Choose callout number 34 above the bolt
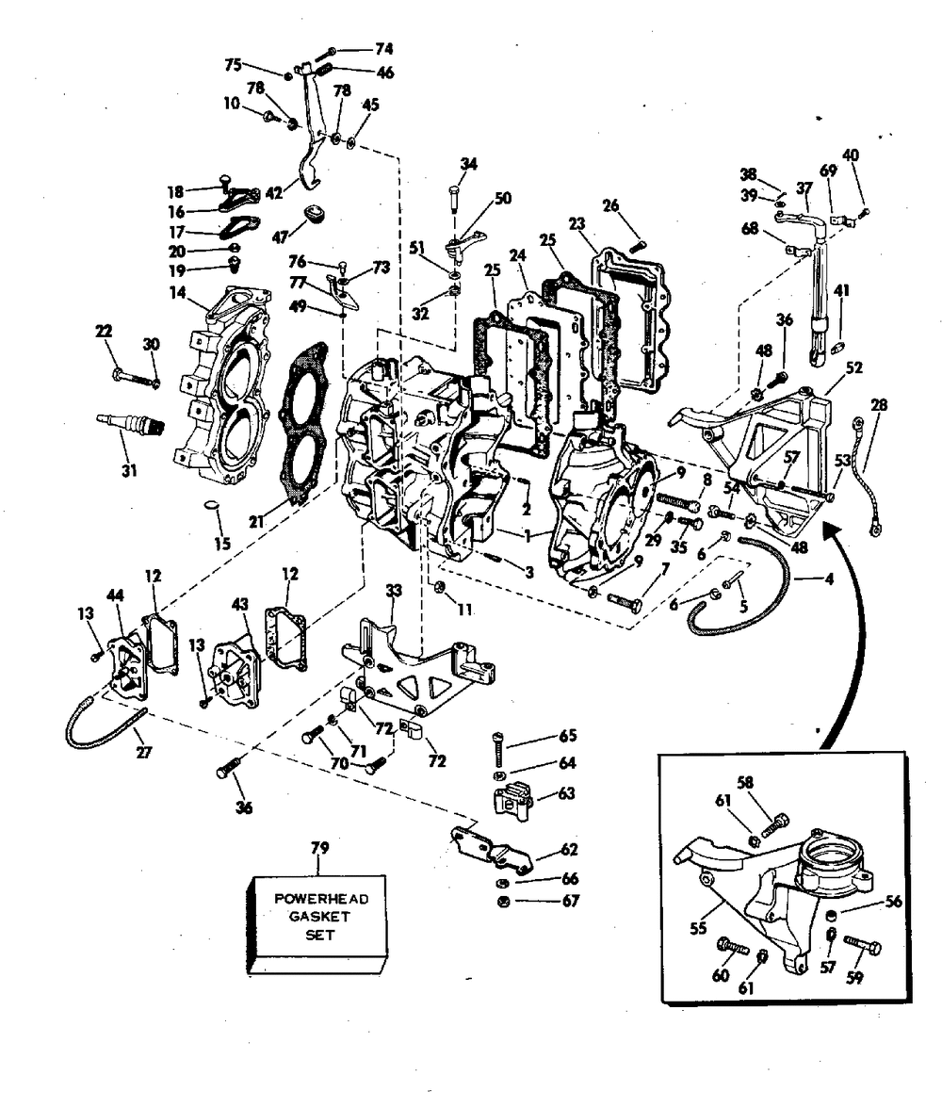point(469,164)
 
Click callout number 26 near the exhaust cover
point(610,204)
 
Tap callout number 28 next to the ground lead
point(879,404)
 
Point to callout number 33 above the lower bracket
point(394,591)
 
